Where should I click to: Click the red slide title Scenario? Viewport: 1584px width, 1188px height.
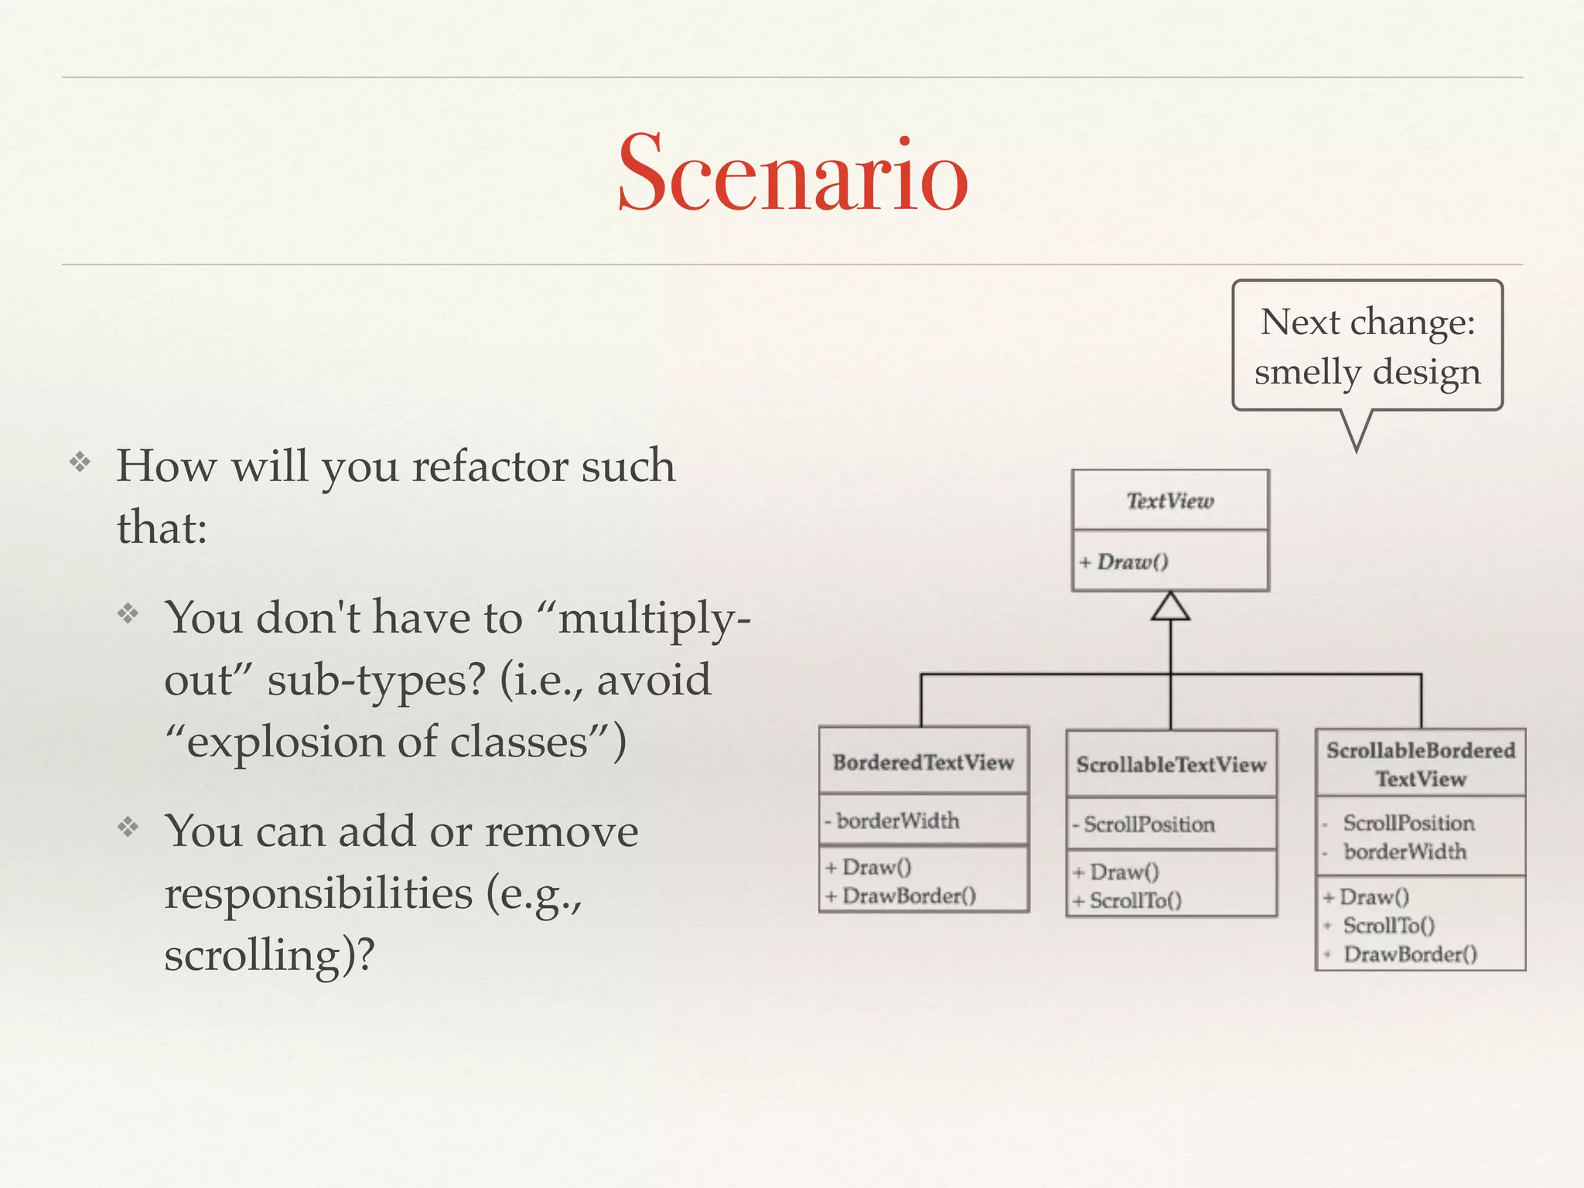point(792,173)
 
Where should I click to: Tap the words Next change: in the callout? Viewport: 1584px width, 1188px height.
point(1367,322)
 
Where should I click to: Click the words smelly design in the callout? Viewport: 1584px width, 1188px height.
point(1367,372)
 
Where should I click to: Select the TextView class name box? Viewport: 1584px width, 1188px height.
point(1169,501)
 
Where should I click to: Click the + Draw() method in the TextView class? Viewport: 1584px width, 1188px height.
point(1125,562)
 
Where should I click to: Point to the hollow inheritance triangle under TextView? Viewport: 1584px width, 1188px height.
point(1170,607)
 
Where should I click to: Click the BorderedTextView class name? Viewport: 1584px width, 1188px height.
point(923,763)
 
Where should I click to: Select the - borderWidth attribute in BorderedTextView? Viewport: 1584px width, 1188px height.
point(893,821)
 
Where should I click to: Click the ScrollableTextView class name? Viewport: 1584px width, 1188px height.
point(1171,765)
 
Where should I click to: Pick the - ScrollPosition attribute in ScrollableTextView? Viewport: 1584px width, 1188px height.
point(1145,824)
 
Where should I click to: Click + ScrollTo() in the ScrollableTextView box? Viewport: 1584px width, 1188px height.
point(1128,900)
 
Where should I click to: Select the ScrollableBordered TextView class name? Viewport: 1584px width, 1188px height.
point(1420,764)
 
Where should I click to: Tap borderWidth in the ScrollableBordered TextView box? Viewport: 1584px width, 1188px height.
point(1405,852)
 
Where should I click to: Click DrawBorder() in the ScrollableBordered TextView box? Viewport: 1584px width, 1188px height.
point(1409,954)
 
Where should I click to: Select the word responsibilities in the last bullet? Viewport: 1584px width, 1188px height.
point(318,893)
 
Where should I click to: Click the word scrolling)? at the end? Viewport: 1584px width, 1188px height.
point(269,954)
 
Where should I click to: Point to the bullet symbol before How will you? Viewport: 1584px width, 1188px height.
point(80,463)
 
